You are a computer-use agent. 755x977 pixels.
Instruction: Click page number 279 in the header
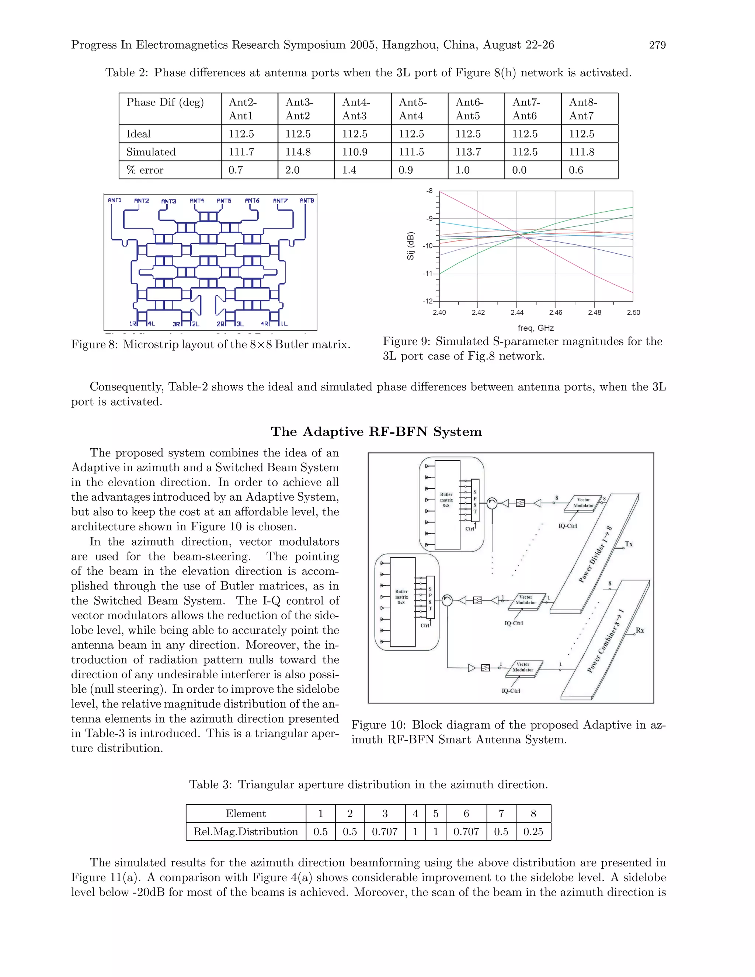pos(657,45)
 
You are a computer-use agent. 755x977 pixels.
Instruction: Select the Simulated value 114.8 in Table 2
pos(298,152)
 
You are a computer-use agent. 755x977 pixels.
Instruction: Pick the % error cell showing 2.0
pos(292,170)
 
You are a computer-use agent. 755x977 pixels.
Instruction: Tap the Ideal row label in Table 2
pos(138,134)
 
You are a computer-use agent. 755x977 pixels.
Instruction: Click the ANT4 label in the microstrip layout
pos(197,201)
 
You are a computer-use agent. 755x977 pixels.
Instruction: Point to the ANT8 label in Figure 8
pos(307,201)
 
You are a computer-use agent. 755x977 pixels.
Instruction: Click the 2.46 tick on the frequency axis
pos(556,312)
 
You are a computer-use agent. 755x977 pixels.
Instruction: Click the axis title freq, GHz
pos(536,328)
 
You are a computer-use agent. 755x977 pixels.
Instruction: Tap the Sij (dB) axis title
pos(411,246)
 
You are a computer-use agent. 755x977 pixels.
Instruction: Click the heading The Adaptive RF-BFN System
pos(376,432)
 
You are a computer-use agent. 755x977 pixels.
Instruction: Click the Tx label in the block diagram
pos(629,544)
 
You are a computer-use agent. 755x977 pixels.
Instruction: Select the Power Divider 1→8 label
pos(595,555)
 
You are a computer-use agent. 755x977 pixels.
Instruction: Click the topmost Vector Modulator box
pos(583,503)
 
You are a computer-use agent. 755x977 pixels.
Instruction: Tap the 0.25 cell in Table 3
pos(533,832)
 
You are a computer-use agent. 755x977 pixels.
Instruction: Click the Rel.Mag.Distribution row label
pos(246,832)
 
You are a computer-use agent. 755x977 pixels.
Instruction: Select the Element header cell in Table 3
pos(246,813)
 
